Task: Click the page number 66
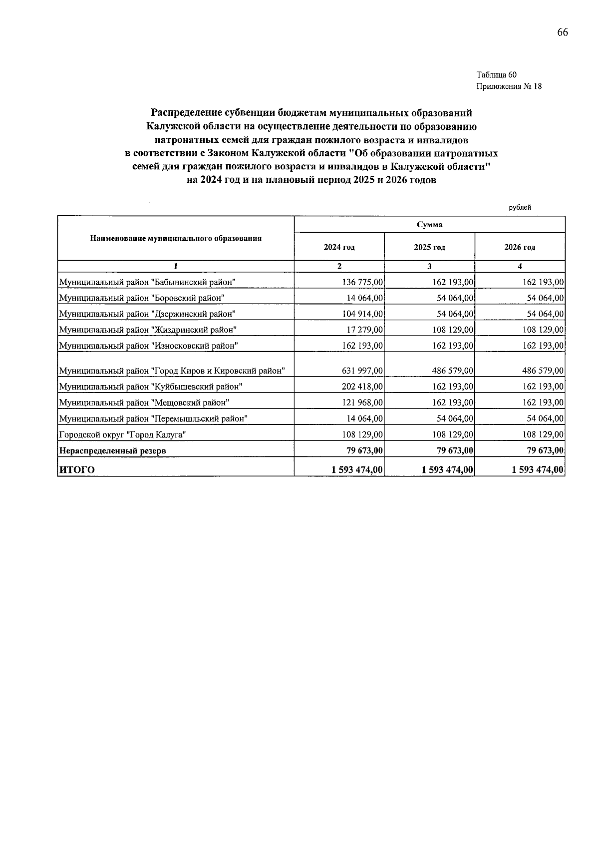point(562,32)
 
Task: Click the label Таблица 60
point(496,75)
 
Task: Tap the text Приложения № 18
point(509,86)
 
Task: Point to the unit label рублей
point(520,207)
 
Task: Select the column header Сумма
point(429,225)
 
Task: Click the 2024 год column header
point(339,247)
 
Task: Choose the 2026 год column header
point(520,247)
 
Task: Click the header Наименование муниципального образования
point(176,238)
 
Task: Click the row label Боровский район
point(142,298)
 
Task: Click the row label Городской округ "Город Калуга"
point(123,434)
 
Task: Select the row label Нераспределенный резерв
point(113,450)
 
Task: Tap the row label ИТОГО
point(77,469)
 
